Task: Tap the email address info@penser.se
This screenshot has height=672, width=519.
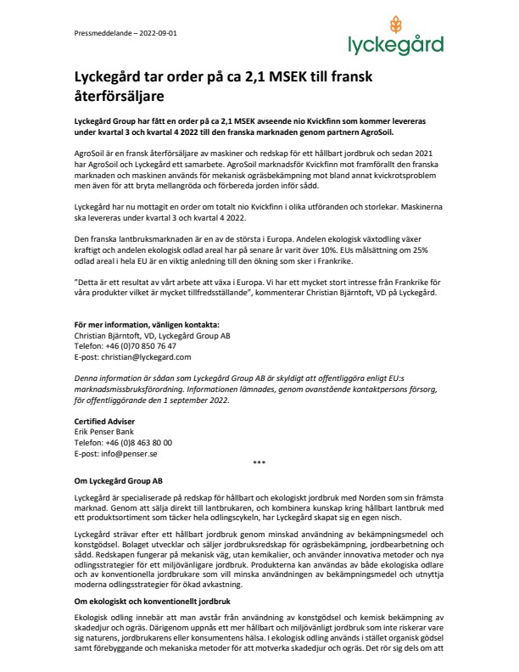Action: tap(125, 454)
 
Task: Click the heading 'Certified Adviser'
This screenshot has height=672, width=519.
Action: tap(105, 422)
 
